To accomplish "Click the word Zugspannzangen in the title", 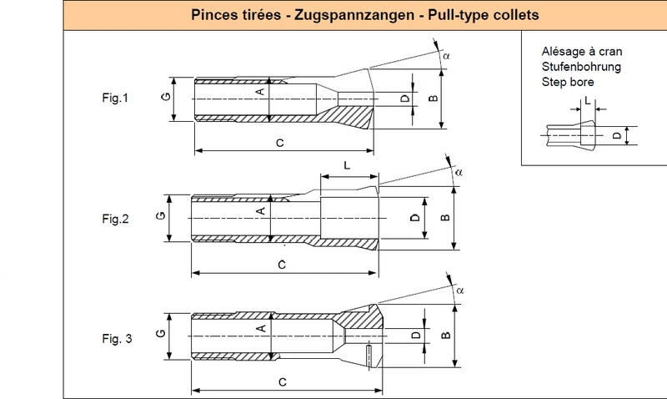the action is click(x=354, y=15).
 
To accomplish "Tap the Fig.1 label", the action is click(x=115, y=98).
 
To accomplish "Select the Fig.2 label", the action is click(x=115, y=219).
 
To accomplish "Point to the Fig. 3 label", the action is click(x=117, y=339).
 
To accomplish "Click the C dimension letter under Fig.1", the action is click(x=280, y=143).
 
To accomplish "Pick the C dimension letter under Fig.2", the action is click(x=282, y=265).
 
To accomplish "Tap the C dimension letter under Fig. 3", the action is click(x=283, y=382).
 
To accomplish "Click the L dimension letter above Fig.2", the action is click(x=347, y=165).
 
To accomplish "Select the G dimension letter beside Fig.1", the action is click(x=166, y=97).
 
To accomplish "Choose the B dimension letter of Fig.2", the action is click(x=445, y=218).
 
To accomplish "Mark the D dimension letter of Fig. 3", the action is click(x=416, y=335).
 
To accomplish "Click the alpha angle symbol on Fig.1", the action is click(x=446, y=56).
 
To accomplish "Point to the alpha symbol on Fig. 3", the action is click(x=460, y=290).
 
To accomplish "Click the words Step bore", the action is click(x=568, y=82).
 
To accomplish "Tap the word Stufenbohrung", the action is click(x=581, y=67).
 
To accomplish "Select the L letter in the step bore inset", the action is click(x=588, y=101).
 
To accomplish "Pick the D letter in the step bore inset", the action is click(x=617, y=136).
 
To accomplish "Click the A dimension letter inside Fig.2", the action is click(x=261, y=211).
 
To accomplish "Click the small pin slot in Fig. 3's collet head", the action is click(x=369, y=356).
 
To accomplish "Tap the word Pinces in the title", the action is click(x=214, y=15).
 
